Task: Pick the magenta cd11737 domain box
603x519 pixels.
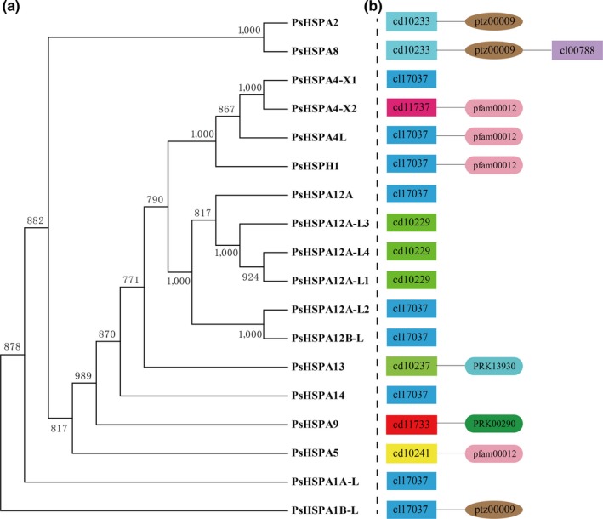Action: [x=412, y=107]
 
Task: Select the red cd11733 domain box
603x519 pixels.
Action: [x=412, y=424]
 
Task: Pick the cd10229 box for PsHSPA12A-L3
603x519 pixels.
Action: [x=412, y=223]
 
